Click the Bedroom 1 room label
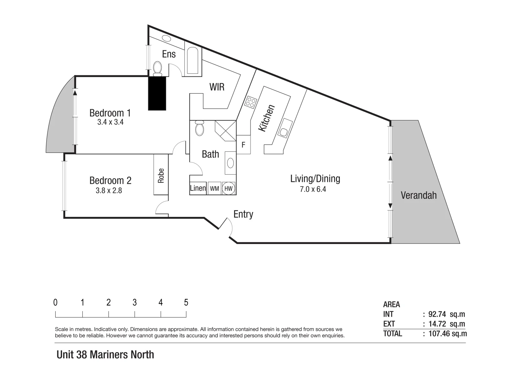(110, 113)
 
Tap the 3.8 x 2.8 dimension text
(109, 190)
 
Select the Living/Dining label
(315, 178)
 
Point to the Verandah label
(419, 195)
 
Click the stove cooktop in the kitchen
(251, 102)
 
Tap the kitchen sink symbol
(284, 128)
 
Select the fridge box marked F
(243, 145)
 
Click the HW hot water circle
(229, 188)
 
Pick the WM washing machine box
(214, 188)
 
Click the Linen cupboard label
(198, 188)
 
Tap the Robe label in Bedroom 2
(161, 175)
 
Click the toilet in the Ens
(158, 68)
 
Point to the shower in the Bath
(225, 131)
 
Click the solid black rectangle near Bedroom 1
(157, 93)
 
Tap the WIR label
(217, 87)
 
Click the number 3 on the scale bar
(135, 302)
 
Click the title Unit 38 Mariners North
(105, 355)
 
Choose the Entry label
(243, 214)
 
